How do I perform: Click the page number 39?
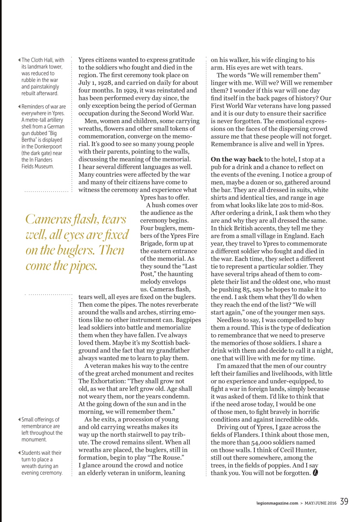tap(344, 502)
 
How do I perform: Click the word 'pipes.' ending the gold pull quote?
tap(83, 266)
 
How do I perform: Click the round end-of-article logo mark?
tap(315, 473)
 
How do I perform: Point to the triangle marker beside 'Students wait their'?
tap(19, 453)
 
